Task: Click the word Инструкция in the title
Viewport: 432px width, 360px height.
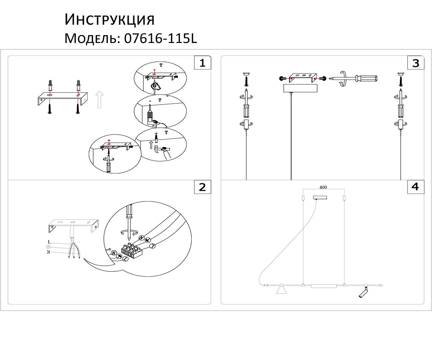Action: [x=109, y=20]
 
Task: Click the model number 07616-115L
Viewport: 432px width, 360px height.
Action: [x=161, y=38]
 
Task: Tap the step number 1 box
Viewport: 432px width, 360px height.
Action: [x=203, y=63]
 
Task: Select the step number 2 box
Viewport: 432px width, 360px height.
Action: [x=203, y=187]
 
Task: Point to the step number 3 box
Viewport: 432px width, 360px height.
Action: [x=416, y=63]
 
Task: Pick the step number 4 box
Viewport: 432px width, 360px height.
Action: [x=416, y=187]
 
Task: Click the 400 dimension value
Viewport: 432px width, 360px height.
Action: [x=323, y=187]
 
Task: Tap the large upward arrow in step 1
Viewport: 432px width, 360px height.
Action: [x=99, y=100]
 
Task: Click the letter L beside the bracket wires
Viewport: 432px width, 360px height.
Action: [x=49, y=242]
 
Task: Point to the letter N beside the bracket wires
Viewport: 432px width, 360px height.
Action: [x=48, y=252]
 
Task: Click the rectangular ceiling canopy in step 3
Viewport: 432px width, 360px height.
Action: [x=300, y=88]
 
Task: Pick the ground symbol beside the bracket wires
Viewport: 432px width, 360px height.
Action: [x=48, y=247]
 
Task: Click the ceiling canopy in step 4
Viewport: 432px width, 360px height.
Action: [x=320, y=197]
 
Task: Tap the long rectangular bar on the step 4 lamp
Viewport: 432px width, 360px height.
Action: [x=323, y=286]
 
